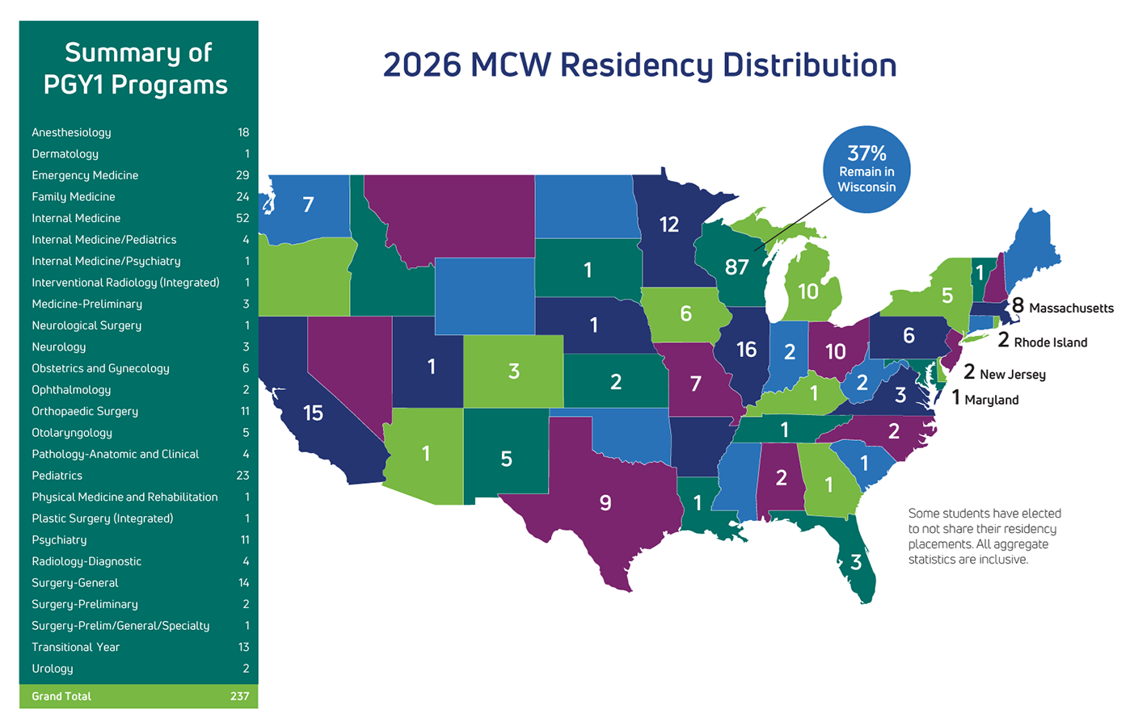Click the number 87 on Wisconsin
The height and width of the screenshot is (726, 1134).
tap(736, 267)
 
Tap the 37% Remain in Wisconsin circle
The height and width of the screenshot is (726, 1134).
tap(866, 170)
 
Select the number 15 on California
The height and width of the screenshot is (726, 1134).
tap(313, 413)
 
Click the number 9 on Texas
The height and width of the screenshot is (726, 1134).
tap(605, 503)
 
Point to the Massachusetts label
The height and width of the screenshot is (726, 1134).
tap(1070, 308)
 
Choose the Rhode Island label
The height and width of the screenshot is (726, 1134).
tap(1050, 342)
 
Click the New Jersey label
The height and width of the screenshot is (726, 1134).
tap(1012, 374)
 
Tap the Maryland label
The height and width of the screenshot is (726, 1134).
tap(991, 400)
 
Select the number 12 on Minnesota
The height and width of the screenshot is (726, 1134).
tap(668, 225)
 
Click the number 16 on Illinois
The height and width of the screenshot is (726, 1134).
tap(746, 350)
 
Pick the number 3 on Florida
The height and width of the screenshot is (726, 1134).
tap(856, 563)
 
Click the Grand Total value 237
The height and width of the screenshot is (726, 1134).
tap(239, 696)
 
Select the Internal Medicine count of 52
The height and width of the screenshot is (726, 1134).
tap(242, 218)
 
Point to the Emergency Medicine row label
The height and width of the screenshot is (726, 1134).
tap(85, 175)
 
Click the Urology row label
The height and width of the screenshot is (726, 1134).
tap(53, 669)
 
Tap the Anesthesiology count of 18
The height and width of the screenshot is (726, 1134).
tap(243, 132)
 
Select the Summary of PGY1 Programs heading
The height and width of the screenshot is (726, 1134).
tap(137, 69)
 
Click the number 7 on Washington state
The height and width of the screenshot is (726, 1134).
tap(308, 205)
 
